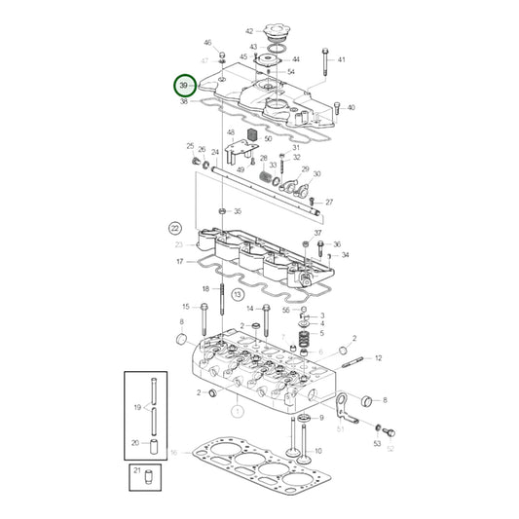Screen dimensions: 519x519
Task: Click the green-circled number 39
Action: point(183,87)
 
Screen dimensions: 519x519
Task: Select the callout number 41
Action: point(342,60)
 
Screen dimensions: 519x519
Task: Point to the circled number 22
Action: point(174,228)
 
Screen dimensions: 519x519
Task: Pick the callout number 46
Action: point(206,44)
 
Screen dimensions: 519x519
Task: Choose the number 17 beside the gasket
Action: point(179,262)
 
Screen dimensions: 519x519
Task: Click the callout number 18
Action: point(206,289)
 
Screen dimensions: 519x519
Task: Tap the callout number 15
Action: point(186,308)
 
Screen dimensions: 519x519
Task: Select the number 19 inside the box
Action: point(137,407)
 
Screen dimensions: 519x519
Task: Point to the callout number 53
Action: point(376,443)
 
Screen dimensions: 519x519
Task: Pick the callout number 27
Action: point(329,203)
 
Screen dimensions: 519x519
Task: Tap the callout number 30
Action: point(316,174)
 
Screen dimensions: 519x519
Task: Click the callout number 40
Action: point(351,108)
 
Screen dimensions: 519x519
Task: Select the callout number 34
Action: point(345,255)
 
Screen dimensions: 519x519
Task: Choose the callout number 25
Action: point(191,146)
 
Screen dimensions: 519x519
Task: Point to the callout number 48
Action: point(231,132)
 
